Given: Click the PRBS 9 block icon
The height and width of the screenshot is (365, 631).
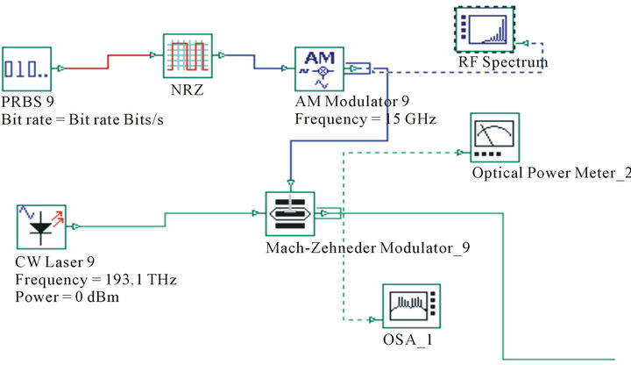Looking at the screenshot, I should (x=26, y=67).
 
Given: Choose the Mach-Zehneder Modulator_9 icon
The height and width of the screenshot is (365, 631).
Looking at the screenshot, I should (x=290, y=212).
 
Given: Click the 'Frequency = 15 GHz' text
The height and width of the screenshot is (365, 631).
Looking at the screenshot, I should (x=365, y=118).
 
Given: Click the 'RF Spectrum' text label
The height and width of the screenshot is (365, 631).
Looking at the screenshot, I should (x=504, y=62).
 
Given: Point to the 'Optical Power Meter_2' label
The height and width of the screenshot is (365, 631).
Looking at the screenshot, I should (x=550, y=174).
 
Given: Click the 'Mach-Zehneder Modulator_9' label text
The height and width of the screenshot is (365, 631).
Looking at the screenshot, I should (x=367, y=247).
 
